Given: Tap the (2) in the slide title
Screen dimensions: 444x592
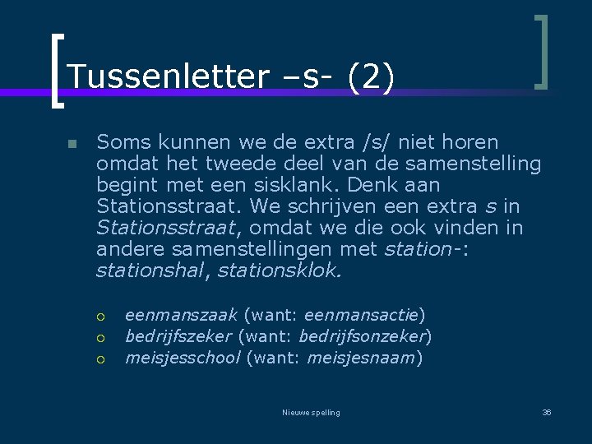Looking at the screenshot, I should [372, 77].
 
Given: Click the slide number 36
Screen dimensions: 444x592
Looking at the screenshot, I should [547, 412].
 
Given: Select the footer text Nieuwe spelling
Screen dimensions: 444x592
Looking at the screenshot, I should [310, 412].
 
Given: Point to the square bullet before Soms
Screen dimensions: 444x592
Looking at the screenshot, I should [72, 144].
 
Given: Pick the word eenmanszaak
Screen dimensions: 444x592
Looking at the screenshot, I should [181, 314].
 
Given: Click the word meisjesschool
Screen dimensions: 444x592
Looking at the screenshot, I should [183, 357].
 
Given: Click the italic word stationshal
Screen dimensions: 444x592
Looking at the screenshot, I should [149, 270].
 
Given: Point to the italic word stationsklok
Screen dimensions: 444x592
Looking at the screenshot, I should [279, 270].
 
